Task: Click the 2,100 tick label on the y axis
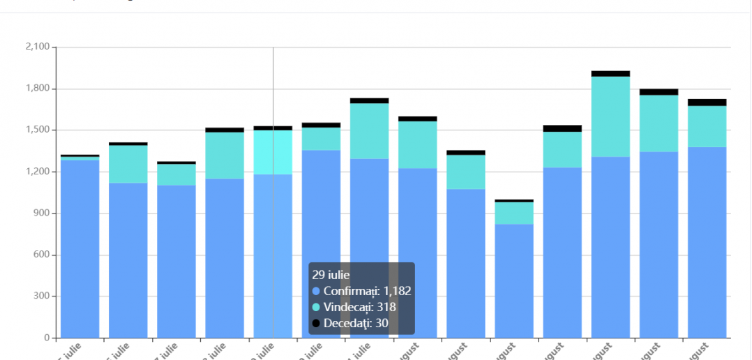pos(36,47)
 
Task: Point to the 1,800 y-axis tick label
pos(36,89)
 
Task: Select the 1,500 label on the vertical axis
pos(36,130)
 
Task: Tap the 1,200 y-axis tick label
pos(36,172)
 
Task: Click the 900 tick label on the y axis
pos(40,213)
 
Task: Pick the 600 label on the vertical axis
pos(40,255)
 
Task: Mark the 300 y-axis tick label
pos(40,297)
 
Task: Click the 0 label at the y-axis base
pos(46,338)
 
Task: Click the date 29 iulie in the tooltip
pos(331,275)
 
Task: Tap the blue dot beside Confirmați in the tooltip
pos(316,291)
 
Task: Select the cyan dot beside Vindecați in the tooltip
pos(316,307)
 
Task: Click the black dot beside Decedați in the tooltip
pos(316,323)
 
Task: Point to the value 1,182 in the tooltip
pos(397,291)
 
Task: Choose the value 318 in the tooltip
pos(386,307)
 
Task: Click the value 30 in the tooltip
pos(382,323)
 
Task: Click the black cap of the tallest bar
pos(610,73)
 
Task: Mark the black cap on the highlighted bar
pos(273,128)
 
